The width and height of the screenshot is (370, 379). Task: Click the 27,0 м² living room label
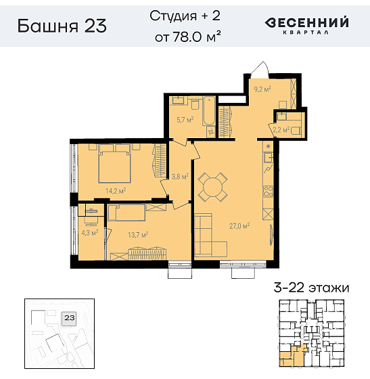pos(239,226)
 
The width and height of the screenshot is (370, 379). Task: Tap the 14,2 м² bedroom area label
pos(116,191)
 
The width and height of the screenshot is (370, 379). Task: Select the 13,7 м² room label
pos(138,234)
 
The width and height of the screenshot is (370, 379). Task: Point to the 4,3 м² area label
pos(89,233)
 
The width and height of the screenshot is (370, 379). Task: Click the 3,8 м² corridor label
pos(180,177)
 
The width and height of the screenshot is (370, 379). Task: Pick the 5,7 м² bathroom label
pos(185,120)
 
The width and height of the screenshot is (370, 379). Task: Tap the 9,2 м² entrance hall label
pos(262,89)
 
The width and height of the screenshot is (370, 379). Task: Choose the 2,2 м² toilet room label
pos(281,130)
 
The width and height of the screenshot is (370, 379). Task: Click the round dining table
pos(212,187)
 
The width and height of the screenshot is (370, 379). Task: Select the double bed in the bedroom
pos(115,164)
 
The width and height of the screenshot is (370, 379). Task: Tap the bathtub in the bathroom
pos(209,111)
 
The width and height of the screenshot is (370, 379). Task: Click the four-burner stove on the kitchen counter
pos(268,191)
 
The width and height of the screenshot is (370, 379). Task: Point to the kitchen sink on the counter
pos(269,158)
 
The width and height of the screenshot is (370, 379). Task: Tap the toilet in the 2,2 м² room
pos(296,131)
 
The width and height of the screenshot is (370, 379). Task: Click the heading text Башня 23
pos(62,26)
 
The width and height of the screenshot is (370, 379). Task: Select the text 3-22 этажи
pos(312,288)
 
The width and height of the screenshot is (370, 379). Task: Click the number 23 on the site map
pos(70,317)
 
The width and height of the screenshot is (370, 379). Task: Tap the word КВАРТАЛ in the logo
pos(305,32)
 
